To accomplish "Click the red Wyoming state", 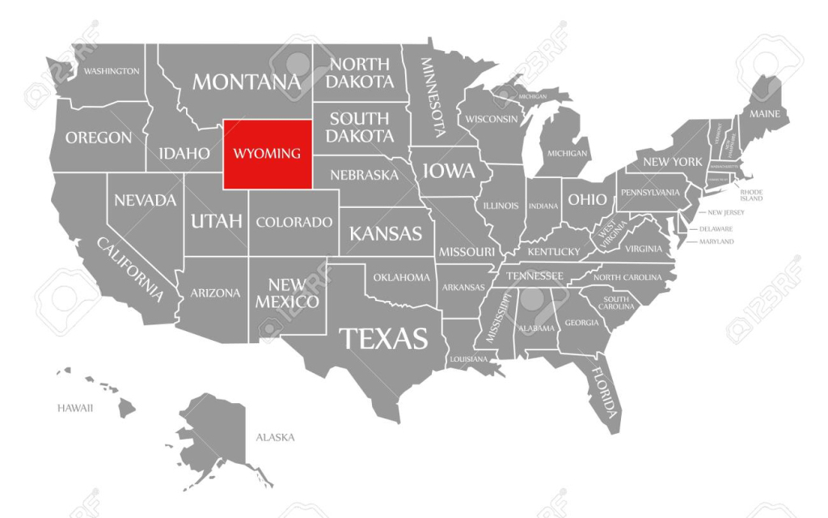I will coord(268,154).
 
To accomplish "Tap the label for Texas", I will coord(383,338).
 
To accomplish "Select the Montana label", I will coord(246,82).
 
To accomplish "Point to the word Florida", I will coord(605,388).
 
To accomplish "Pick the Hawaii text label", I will coord(75,408).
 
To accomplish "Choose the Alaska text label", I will coord(275,438).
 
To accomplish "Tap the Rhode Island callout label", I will coord(751,195).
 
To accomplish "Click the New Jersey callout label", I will coord(726,213).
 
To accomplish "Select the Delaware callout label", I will coord(716,229).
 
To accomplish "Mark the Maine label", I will coord(764,114).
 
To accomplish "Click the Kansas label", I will coord(386,234).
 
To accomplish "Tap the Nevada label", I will coord(146,200).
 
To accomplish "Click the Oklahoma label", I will coord(402,278).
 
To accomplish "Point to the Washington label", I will coord(112,71).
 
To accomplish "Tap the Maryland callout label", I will coord(716,241).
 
